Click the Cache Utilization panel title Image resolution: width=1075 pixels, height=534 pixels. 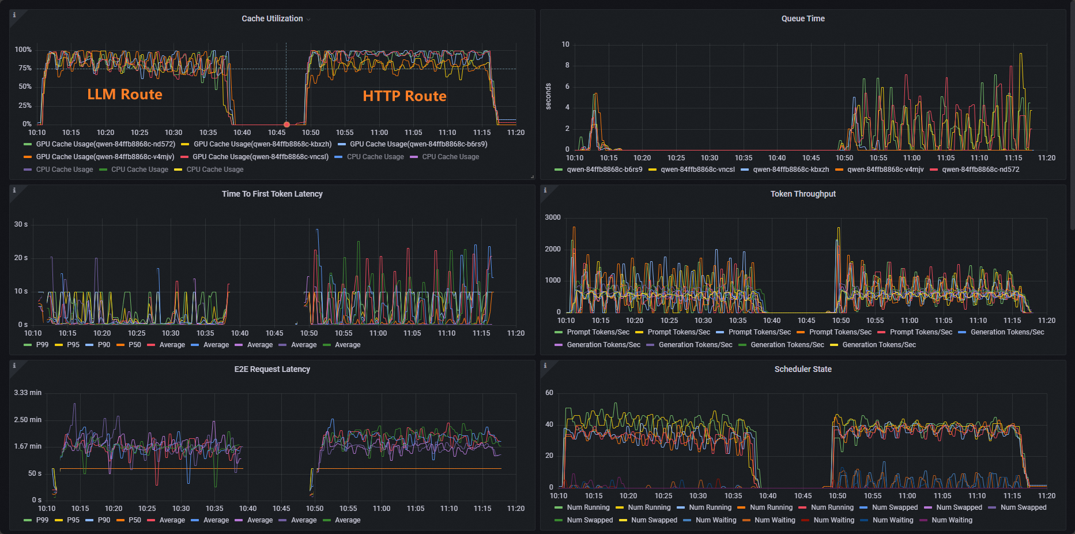tap(272, 18)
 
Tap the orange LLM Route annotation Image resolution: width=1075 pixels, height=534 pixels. tap(125, 95)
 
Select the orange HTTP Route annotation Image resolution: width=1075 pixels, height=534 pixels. tap(404, 96)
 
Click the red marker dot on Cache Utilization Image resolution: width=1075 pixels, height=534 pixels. tap(286, 125)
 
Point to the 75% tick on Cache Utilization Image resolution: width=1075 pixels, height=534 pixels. tap(25, 68)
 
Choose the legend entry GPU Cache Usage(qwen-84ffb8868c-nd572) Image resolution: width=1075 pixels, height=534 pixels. tap(105, 144)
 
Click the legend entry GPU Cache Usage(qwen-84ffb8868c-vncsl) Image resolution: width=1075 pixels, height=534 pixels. tap(261, 157)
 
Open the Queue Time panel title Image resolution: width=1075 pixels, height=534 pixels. tap(803, 18)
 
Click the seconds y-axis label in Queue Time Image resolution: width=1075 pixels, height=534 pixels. tap(548, 96)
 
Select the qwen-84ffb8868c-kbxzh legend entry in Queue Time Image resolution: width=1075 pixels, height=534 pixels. tap(791, 170)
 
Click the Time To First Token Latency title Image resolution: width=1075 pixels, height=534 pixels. tap(272, 194)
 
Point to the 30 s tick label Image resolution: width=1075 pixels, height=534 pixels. tap(21, 224)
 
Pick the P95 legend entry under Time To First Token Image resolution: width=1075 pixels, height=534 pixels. tap(73, 345)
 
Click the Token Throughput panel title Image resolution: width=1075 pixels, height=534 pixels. tap(803, 194)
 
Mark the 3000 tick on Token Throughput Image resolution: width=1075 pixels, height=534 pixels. tap(553, 217)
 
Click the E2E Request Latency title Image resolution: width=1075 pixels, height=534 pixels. tap(272, 369)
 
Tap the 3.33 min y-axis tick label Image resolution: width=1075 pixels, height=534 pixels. tap(28, 393)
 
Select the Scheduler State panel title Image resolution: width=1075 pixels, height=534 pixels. tap(803, 369)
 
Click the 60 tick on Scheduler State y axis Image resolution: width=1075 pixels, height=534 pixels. tap(549, 393)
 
